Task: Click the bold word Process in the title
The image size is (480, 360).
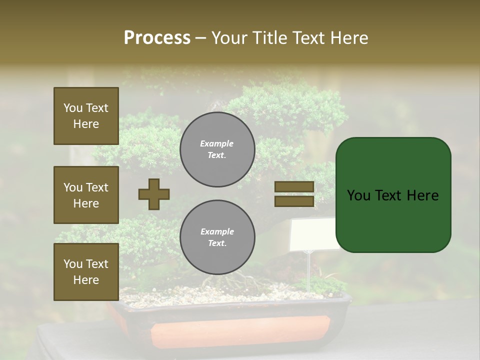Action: pyautogui.click(x=157, y=38)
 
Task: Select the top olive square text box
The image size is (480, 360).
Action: pyautogui.click(x=86, y=116)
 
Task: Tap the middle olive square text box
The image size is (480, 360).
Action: pyautogui.click(x=86, y=195)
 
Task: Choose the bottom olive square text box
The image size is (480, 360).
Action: pyautogui.click(x=86, y=272)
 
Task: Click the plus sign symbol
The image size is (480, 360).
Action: pyautogui.click(x=154, y=194)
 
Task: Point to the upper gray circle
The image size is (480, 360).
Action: pyautogui.click(x=217, y=149)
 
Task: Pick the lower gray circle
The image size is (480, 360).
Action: pyautogui.click(x=217, y=237)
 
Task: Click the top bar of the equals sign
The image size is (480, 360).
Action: pyautogui.click(x=294, y=186)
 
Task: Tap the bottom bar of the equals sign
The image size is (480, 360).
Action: pyautogui.click(x=294, y=201)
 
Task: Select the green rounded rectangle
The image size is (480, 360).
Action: pyautogui.click(x=393, y=195)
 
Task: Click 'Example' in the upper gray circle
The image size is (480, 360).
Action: pyautogui.click(x=217, y=144)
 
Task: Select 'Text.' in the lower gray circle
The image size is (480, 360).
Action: pyautogui.click(x=217, y=243)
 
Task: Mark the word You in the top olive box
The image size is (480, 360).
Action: pyautogui.click(x=73, y=108)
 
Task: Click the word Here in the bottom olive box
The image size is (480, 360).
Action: pyautogui.click(x=86, y=280)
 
